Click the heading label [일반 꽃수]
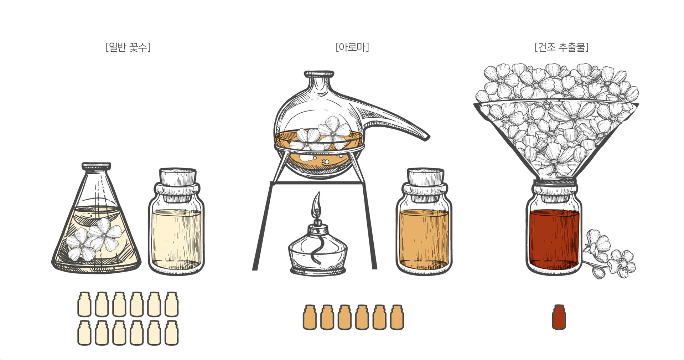tap(128, 47)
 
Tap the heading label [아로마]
tap(352, 47)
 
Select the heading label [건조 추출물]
tap(561, 47)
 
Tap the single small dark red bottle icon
tap(559, 317)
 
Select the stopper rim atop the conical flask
tap(96, 166)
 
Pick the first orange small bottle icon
tap(310, 317)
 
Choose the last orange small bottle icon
tap(397, 317)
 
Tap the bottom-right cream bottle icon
tap(171, 333)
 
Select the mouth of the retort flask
tap(319, 74)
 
